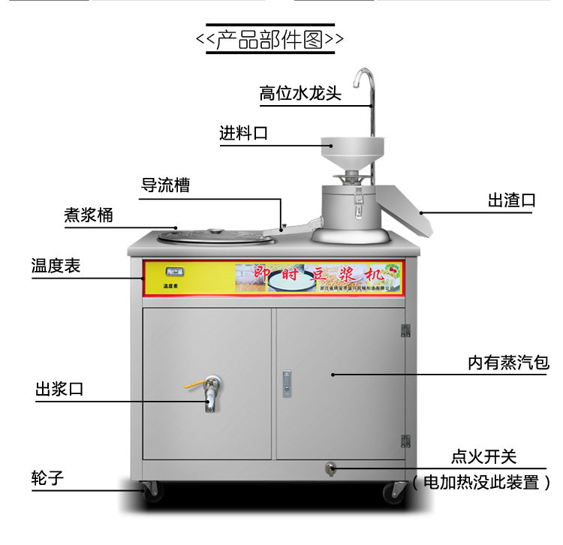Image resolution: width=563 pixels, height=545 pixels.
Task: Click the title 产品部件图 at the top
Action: [x=270, y=40]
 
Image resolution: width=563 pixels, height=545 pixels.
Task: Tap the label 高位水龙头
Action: [x=300, y=94]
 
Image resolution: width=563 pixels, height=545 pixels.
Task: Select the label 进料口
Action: [x=243, y=134]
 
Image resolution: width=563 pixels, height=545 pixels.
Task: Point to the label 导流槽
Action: [x=166, y=185]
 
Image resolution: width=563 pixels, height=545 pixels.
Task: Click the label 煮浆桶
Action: [x=89, y=215]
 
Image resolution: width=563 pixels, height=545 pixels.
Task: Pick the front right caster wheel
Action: [x=392, y=492]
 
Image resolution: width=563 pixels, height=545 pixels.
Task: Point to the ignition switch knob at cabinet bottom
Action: [x=329, y=471]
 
